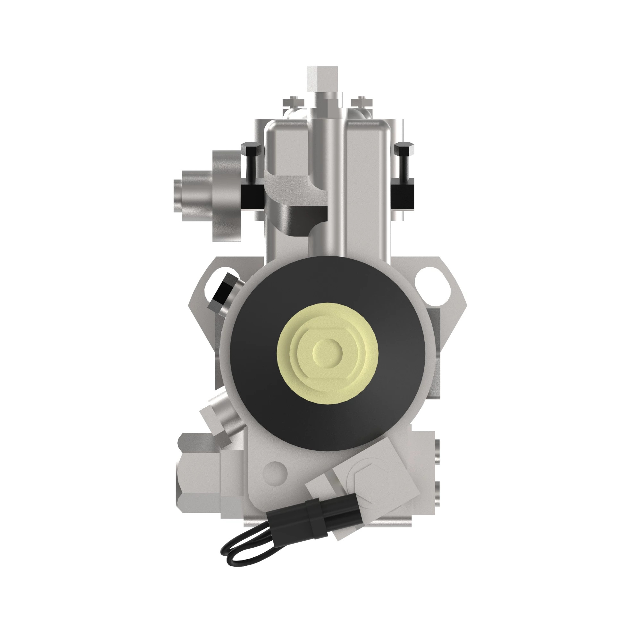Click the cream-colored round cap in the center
(328, 352)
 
